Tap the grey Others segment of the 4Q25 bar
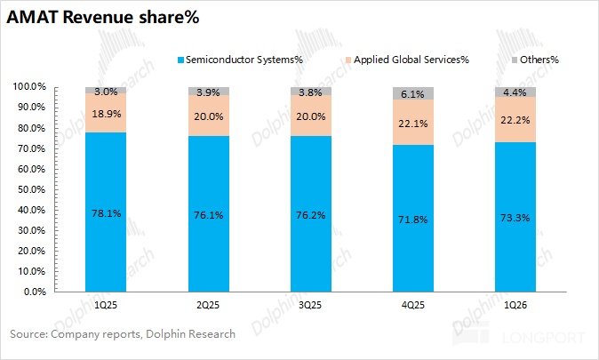point(411,92)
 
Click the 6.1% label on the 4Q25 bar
point(411,93)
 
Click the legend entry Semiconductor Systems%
point(238,60)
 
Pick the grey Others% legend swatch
point(518,60)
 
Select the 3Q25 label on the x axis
point(309,305)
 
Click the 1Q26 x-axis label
point(515,305)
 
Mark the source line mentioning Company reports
point(123,334)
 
